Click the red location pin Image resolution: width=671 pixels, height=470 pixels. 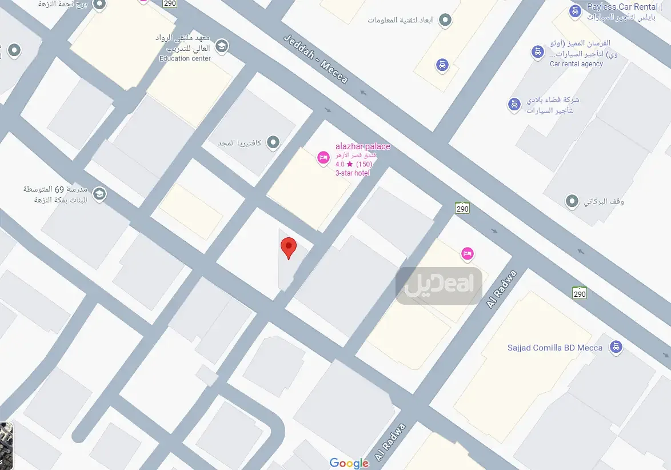pyautogui.click(x=289, y=248)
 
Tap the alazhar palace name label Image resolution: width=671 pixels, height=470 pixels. pyautogui.click(x=363, y=146)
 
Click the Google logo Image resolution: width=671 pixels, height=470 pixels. pyautogui.click(x=349, y=463)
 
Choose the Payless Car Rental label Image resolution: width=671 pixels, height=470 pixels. pyautogui.click(x=622, y=7)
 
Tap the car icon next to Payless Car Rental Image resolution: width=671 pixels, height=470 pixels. pyautogui.click(x=574, y=11)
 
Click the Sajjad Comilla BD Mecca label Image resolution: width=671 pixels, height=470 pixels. pyautogui.click(x=555, y=348)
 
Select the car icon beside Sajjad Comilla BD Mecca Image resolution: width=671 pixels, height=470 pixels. pyautogui.click(x=616, y=346)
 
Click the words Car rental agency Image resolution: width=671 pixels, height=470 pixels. pyautogui.click(x=576, y=64)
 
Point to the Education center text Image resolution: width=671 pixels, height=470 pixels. pyautogui.click(x=185, y=58)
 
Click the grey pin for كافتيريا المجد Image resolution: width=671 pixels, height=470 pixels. pyautogui.click(x=273, y=142)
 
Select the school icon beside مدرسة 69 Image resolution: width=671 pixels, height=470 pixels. pyautogui.click(x=99, y=194)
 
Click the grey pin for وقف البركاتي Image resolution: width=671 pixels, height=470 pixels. pyautogui.click(x=572, y=201)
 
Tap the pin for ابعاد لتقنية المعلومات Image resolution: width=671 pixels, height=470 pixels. pyautogui.click(x=445, y=21)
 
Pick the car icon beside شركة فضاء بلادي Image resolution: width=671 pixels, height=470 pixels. pyautogui.click(x=514, y=105)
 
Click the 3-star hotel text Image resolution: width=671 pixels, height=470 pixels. pyautogui.click(x=352, y=173)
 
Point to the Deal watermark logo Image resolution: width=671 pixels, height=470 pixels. pyautogui.click(x=439, y=285)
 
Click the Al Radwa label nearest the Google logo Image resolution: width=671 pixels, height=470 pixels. pyautogui.click(x=390, y=443)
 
